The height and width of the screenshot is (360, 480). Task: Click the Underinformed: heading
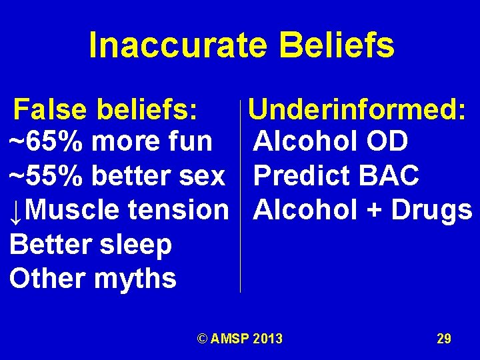[x=357, y=108]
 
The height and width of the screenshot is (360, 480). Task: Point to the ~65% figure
[x=47, y=141]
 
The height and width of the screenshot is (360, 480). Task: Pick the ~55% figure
[x=47, y=176]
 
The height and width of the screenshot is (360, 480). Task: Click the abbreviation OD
[x=386, y=141]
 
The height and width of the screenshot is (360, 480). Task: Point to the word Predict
[x=301, y=176]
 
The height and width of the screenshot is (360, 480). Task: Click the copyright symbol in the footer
[x=202, y=339]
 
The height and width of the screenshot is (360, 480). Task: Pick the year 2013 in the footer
[x=267, y=339]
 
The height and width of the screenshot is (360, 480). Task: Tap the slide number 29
[x=444, y=339]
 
